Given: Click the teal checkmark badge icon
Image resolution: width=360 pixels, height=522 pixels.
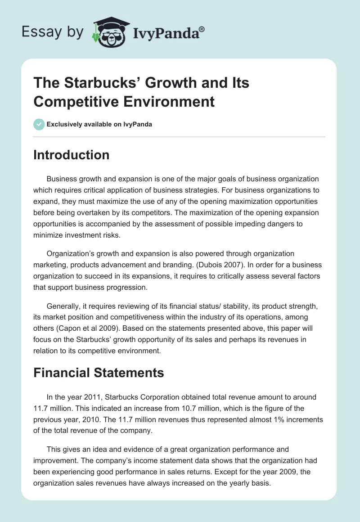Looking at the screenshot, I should [39, 124].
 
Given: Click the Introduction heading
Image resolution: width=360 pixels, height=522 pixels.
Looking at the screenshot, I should [71, 155].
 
